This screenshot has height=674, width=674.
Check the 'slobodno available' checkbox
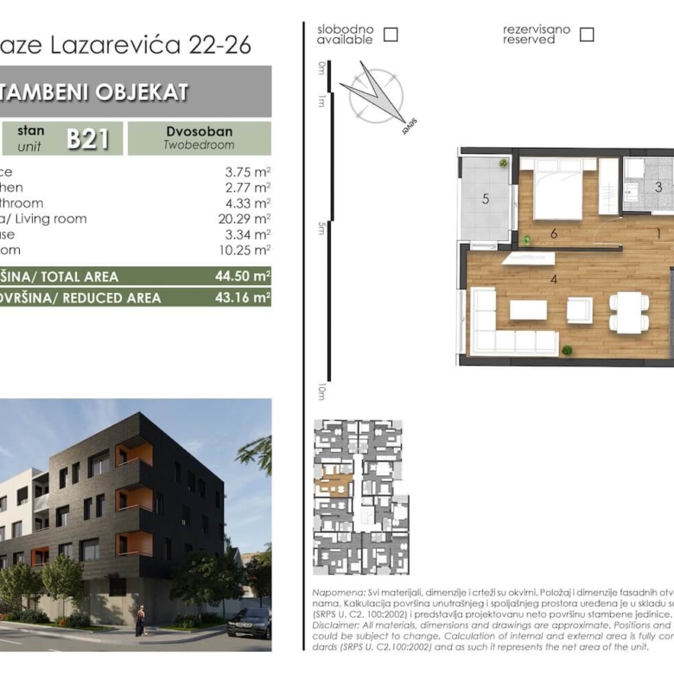(x=391, y=35)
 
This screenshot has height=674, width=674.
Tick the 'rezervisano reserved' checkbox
(x=587, y=35)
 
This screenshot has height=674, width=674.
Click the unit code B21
(x=87, y=138)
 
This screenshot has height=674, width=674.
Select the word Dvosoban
(x=199, y=131)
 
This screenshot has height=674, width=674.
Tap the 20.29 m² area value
(x=245, y=219)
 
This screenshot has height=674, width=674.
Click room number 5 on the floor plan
(x=486, y=200)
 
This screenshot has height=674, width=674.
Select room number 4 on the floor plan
(x=553, y=279)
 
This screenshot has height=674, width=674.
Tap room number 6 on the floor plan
(x=553, y=233)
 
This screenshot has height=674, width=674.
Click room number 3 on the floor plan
(x=658, y=187)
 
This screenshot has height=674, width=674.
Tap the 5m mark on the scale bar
(x=321, y=227)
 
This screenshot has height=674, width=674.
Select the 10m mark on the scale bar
(x=321, y=391)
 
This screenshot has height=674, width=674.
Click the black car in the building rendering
(x=249, y=622)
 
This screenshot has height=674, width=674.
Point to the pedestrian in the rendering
(x=140, y=620)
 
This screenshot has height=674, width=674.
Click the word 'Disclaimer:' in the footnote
(x=334, y=624)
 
